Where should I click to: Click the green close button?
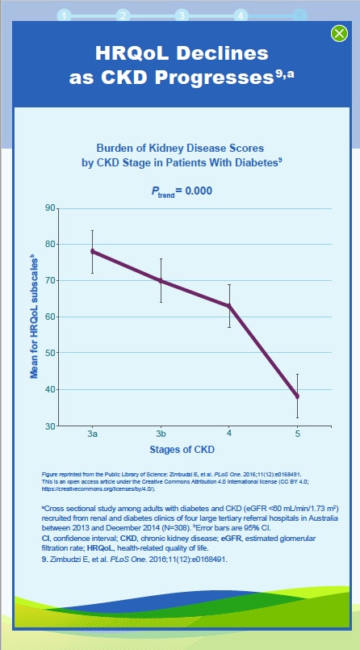[339, 33]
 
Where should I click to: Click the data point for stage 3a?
[93, 251]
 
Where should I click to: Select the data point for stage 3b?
[161, 281]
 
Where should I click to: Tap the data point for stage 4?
[229, 306]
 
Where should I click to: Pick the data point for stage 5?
[297, 396]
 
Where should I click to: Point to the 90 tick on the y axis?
[52, 208]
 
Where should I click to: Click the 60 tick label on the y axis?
[52, 317]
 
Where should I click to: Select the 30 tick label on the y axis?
[52, 426]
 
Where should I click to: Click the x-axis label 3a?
[93, 434]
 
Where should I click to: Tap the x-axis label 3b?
[161, 434]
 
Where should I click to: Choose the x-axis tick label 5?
[297, 434]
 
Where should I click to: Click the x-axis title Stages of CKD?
[181, 449]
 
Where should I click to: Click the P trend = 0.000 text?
[181, 191]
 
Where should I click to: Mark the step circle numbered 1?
[64, 15]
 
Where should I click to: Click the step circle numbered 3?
[182, 15]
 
